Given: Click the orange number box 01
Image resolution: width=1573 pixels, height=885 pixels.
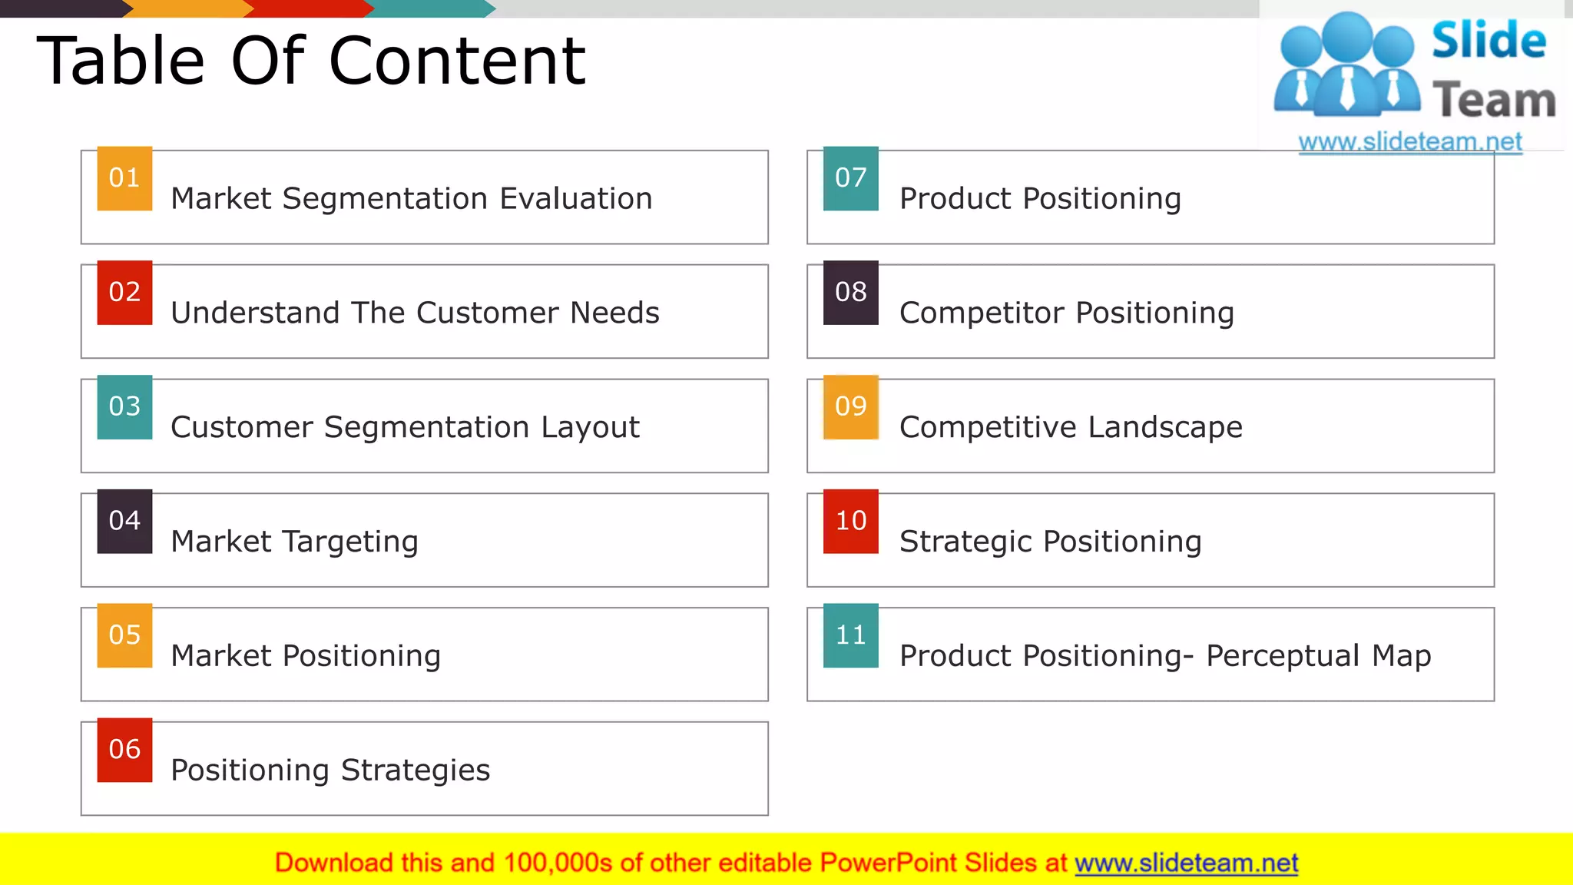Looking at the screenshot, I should coord(124,178).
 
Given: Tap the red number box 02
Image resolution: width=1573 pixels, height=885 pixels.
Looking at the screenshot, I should coord(124,293).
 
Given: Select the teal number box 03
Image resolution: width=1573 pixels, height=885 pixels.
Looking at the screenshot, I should coord(124,407).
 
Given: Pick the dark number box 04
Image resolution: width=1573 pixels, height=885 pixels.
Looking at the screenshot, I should coord(124,521).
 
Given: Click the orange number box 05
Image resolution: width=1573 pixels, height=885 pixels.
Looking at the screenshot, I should coord(124,635).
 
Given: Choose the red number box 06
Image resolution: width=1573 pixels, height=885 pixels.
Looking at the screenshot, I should coord(124,750).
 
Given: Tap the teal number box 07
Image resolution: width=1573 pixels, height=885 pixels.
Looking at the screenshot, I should coord(850,178).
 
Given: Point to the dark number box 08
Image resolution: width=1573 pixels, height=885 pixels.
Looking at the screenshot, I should coord(850,293).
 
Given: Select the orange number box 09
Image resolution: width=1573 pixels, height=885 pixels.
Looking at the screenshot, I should coord(850,407).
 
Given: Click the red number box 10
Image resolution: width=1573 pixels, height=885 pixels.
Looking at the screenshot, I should coord(850,521).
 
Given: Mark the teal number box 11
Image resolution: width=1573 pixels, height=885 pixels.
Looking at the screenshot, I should coord(850,635).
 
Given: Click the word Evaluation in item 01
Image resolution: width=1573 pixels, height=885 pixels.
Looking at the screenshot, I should coord(576,199).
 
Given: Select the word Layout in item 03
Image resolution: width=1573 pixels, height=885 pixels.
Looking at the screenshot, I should coord(590,428).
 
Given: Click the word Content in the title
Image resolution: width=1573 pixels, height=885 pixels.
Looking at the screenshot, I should coord(458,61).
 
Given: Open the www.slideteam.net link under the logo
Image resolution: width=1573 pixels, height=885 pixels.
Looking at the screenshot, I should coord(1410,142).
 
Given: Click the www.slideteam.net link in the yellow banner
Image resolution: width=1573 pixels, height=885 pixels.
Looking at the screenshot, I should coord(1186,863).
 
